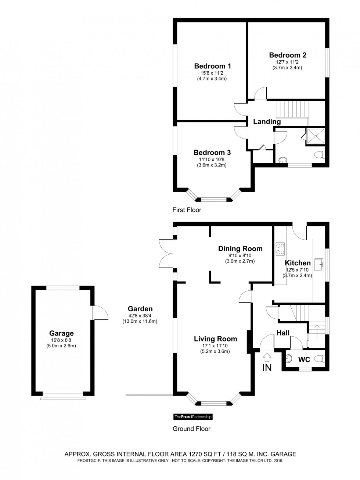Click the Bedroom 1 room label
click(x=212, y=66)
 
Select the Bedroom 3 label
click(x=212, y=153)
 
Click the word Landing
click(x=267, y=122)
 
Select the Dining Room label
click(x=240, y=248)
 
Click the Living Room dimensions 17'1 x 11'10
click(x=215, y=345)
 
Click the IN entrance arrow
click(x=267, y=357)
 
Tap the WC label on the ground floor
click(x=304, y=359)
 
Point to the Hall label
click(x=283, y=333)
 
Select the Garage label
click(x=61, y=333)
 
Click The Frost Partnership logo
click(x=193, y=417)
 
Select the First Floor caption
click(x=187, y=210)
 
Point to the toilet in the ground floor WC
click(x=320, y=358)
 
